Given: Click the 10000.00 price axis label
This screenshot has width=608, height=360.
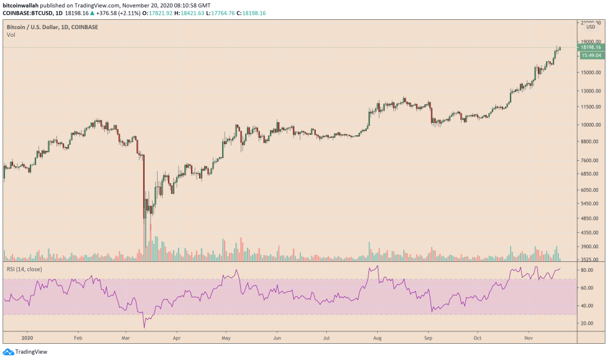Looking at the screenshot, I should (x=589, y=124).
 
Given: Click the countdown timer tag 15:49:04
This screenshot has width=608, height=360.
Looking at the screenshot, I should (x=589, y=55).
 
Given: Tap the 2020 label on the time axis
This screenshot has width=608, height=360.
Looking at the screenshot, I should (x=27, y=339).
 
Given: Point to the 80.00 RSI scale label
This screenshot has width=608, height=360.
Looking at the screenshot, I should (x=587, y=271).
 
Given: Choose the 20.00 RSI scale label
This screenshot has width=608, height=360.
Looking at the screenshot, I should (x=587, y=323).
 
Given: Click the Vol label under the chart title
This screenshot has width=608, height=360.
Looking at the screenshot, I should (x=11, y=35).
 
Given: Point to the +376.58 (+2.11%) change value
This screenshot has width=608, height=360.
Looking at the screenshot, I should (x=115, y=12).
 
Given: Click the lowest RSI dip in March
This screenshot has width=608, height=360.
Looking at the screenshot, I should (x=145, y=327).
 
